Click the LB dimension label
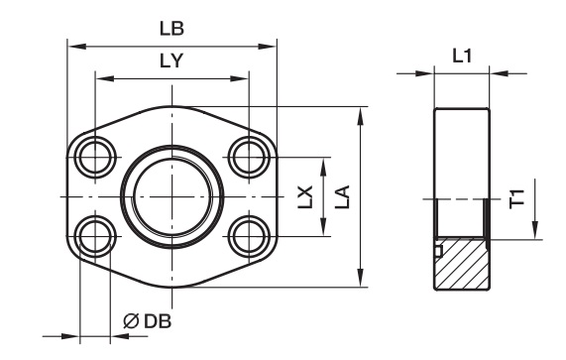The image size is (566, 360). click(x=171, y=29)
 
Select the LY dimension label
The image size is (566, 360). click(x=171, y=60)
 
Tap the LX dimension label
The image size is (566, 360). click(x=305, y=196)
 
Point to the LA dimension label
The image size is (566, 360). click(x=343, y=196)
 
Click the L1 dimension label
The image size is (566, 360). click(x=462, y=56)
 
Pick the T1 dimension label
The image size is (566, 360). click(x=516, y=198)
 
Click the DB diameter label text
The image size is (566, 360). click(x=158, y=321)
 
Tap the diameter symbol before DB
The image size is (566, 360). click(x=131, y=321)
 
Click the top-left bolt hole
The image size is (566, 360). click(x=95, y=158)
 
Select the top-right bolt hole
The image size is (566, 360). click(x=250, y=158)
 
